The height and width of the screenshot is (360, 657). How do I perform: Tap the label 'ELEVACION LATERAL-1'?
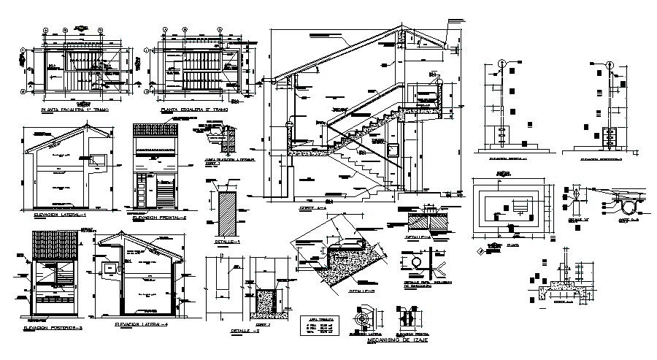pos(55,215)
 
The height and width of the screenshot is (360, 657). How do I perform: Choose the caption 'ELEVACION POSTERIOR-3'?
pos(53,329)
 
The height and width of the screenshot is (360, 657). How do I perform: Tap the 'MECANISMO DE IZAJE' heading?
pos(396,340)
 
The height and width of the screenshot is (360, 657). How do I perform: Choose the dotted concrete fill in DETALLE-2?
pos(265,301)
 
